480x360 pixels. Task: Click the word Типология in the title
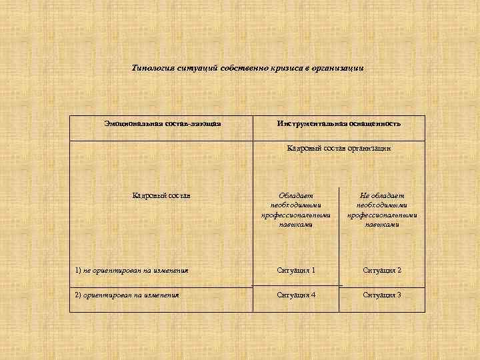tap(154, 68)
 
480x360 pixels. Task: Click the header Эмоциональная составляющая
tap(162, 123)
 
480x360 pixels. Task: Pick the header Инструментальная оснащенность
tap(339, 123)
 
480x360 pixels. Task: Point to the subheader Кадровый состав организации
tap(339, 148)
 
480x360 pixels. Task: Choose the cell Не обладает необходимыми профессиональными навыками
tap(381, 210)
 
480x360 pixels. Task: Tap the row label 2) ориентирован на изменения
tap(127, 295)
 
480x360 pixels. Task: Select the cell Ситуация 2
tap(381, 270)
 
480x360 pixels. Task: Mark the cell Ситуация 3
tap(381, 295)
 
